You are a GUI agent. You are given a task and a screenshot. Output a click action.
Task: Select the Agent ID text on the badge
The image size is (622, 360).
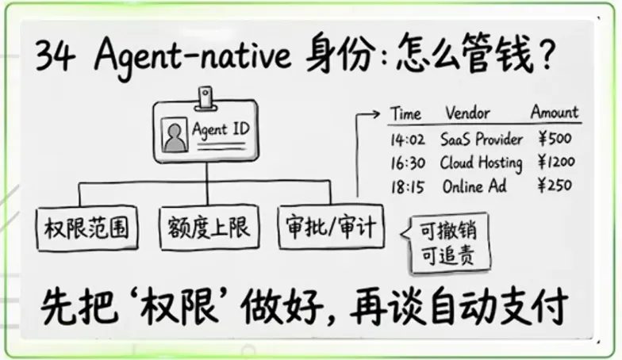click(x=220, y=130)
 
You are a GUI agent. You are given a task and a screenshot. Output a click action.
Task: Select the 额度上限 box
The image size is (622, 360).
click(x=209, y=228)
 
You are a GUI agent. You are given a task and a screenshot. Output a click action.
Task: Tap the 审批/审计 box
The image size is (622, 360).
click(x=330, y=228)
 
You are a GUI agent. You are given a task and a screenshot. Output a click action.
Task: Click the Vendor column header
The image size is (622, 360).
click(x=467, y=113)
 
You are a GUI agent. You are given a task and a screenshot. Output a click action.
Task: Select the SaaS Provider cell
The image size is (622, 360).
click(x=482, y=140)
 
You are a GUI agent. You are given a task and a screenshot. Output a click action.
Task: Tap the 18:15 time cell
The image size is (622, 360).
click(x=409, y=187)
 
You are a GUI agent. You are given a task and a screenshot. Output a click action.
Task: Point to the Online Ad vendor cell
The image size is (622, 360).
click(x=474, y=187)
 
